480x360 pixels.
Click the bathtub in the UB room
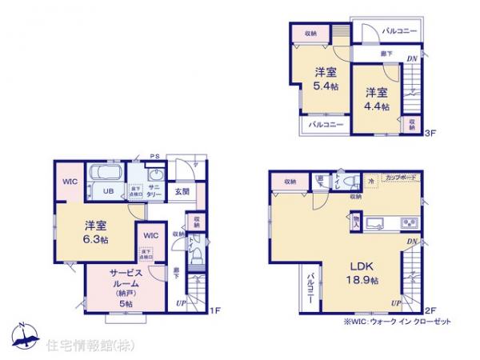[103, 172]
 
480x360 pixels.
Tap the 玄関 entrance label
[182, 192]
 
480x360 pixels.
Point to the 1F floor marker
[214, 310]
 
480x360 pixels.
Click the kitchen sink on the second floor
[376, 222]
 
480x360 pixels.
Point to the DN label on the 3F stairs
[410, 58]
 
